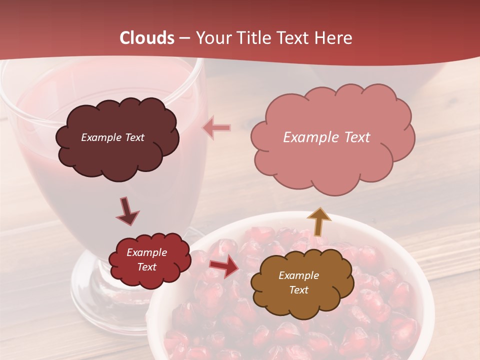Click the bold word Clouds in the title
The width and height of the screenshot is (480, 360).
click(x=146, y=38)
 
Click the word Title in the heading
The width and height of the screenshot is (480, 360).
click(x=252, y=38)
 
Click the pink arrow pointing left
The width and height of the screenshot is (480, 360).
click(x=216, y=128)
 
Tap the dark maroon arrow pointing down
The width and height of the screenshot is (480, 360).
click(x=127, y=211)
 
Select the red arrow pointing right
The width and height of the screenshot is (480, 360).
click(x=224, y=266)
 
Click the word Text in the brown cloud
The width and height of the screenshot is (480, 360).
click(x=298, y=290)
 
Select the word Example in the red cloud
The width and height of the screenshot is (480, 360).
click(x=146, y=252)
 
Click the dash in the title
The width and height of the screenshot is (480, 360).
click(x=185, y=38)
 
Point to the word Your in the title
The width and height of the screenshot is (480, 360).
click(x=213, y=38)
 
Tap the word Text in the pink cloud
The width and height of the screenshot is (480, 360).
click(x=354, y=137)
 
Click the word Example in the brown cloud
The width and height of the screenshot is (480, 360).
click(x=298, y=275)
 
